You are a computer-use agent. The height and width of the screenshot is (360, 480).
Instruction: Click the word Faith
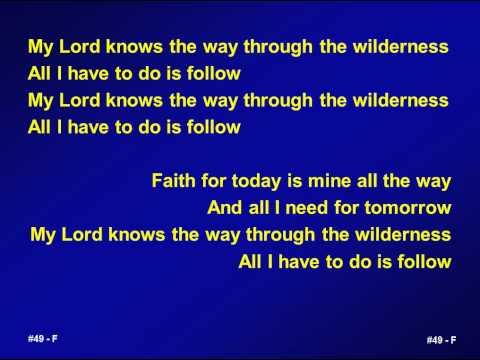pos(171,181)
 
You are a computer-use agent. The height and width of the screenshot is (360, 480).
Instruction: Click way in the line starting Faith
pos(434,182)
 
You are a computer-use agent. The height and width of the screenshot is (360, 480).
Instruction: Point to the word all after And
pos(258,208)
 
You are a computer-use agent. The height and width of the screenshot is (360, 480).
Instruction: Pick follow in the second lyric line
pos(213,73)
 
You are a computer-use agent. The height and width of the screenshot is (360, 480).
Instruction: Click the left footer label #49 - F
pos(42,338)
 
